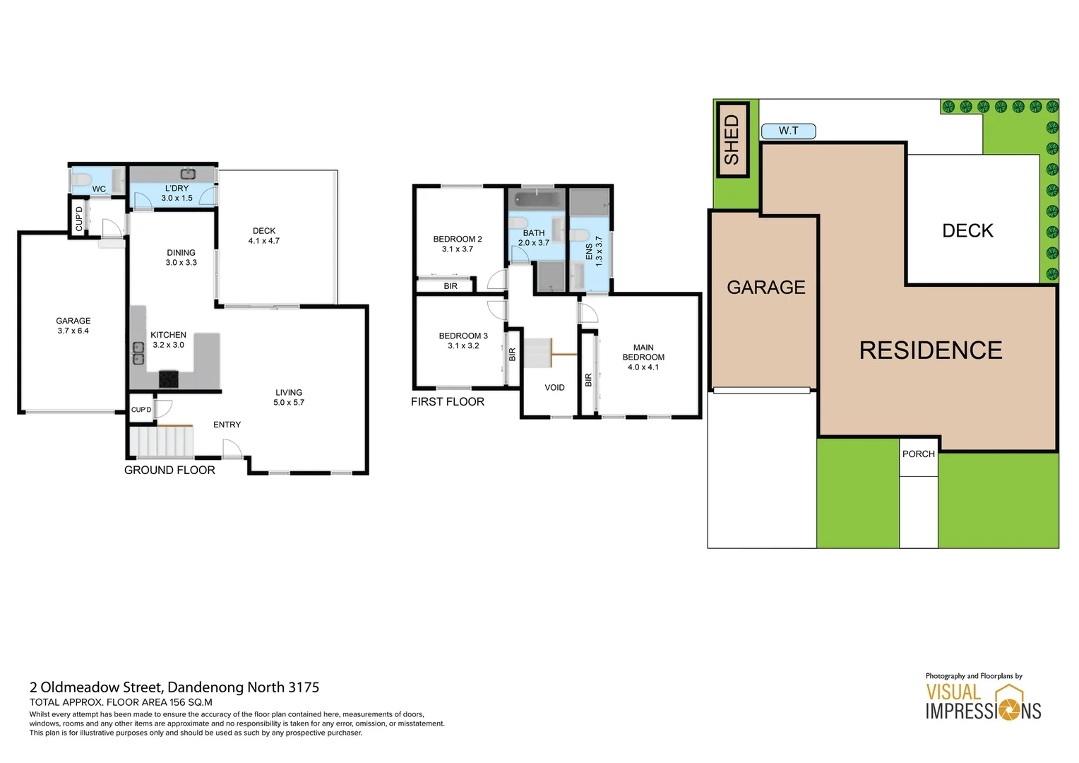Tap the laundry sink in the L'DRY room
[x=188, y=174]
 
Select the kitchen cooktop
[x=169, y=379]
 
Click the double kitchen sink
[x=139, y=353]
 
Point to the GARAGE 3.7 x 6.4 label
[x=73, y=326]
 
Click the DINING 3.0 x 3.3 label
[x=181, y=257]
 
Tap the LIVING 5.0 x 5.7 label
[x=289, y=397]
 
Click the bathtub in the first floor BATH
[x=537, y=199]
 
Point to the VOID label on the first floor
[x=554, y=387]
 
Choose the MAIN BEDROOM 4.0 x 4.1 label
[x=643, y=357]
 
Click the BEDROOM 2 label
[x=458, y=244]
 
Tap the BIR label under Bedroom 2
[x=451, y=286]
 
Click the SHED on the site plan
[x=732, y=140]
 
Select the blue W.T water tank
[x=788, y=131]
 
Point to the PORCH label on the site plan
[x=918, y=454]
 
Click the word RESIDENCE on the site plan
[x=931, y=350]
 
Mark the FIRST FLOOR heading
[x=448, y=401]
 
